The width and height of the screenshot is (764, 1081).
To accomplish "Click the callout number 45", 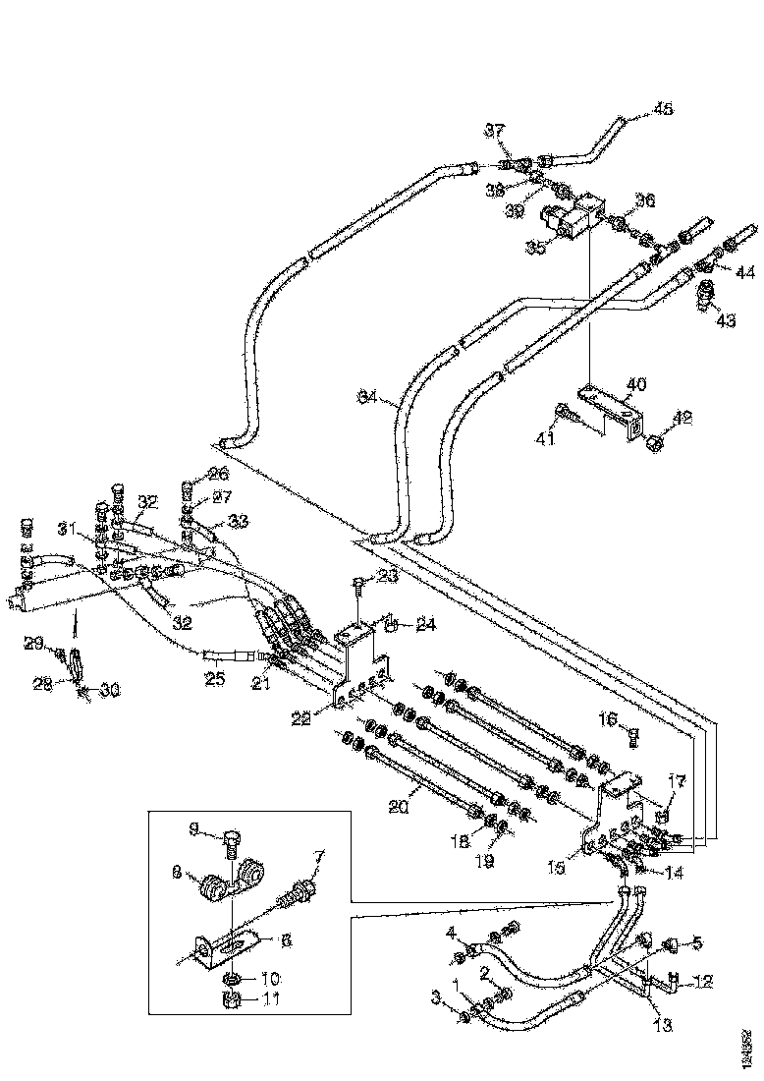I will (664, 110).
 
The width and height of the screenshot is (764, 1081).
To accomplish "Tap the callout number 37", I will (495, 131).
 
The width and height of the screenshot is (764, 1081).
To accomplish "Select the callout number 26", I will (216, 472).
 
